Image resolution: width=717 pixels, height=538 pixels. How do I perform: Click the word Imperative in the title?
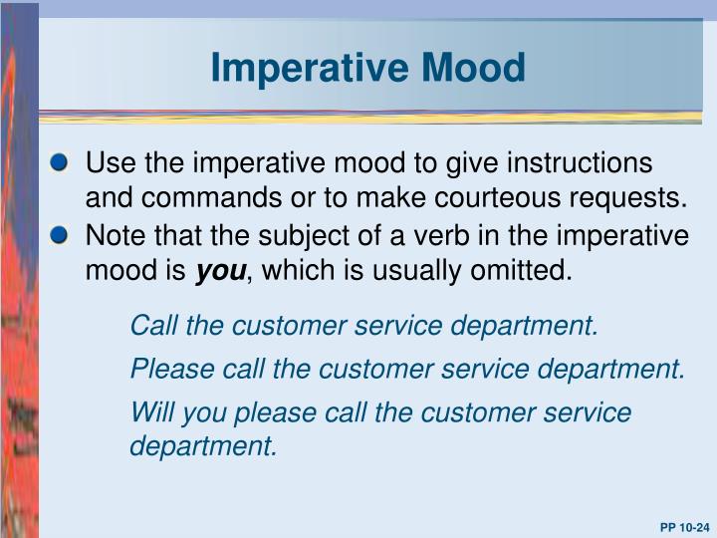pyautogui.click(x=296, y=68)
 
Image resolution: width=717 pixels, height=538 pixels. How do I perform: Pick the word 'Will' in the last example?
pyautogui.click(x=150, y=412)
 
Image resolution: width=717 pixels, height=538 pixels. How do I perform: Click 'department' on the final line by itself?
pyautogui.click(x=202, y=446)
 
